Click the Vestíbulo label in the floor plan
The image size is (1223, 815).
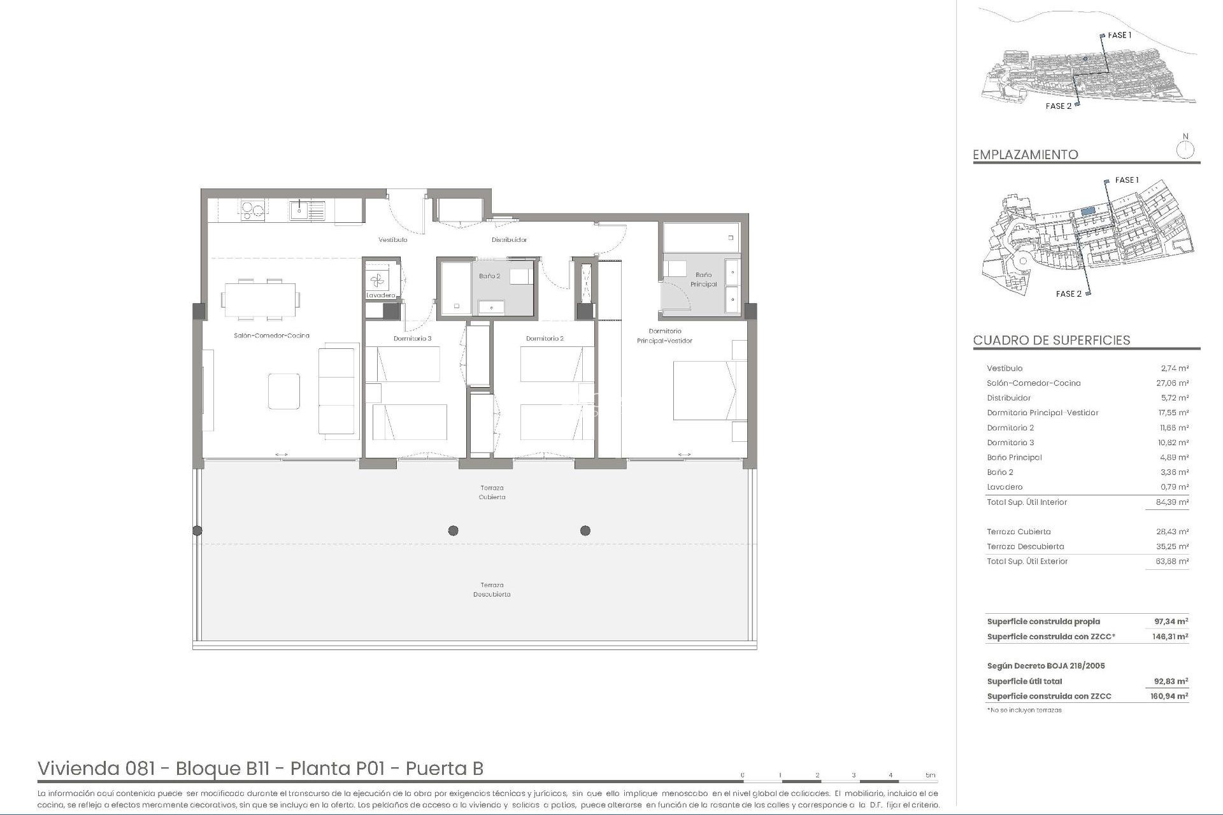(392, 240)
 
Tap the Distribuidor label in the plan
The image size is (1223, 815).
(509, 240)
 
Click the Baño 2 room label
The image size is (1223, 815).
(489, 276)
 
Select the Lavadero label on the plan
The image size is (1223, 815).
(381, 295)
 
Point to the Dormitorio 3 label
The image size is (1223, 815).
(412, 339)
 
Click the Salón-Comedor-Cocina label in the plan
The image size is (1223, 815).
(271, 336)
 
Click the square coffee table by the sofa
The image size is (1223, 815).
(283, 391)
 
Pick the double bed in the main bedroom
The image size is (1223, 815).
(709, 390)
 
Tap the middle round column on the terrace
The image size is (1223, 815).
(453, 530)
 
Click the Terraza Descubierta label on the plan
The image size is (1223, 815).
(492, 590)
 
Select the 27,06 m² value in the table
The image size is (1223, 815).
(1174, 383)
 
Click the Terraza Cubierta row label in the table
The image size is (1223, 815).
(1019, 532)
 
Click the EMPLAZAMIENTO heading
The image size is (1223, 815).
(1026, 155)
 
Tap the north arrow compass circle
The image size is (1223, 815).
(1185, 151)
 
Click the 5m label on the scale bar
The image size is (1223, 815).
(931, 775)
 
